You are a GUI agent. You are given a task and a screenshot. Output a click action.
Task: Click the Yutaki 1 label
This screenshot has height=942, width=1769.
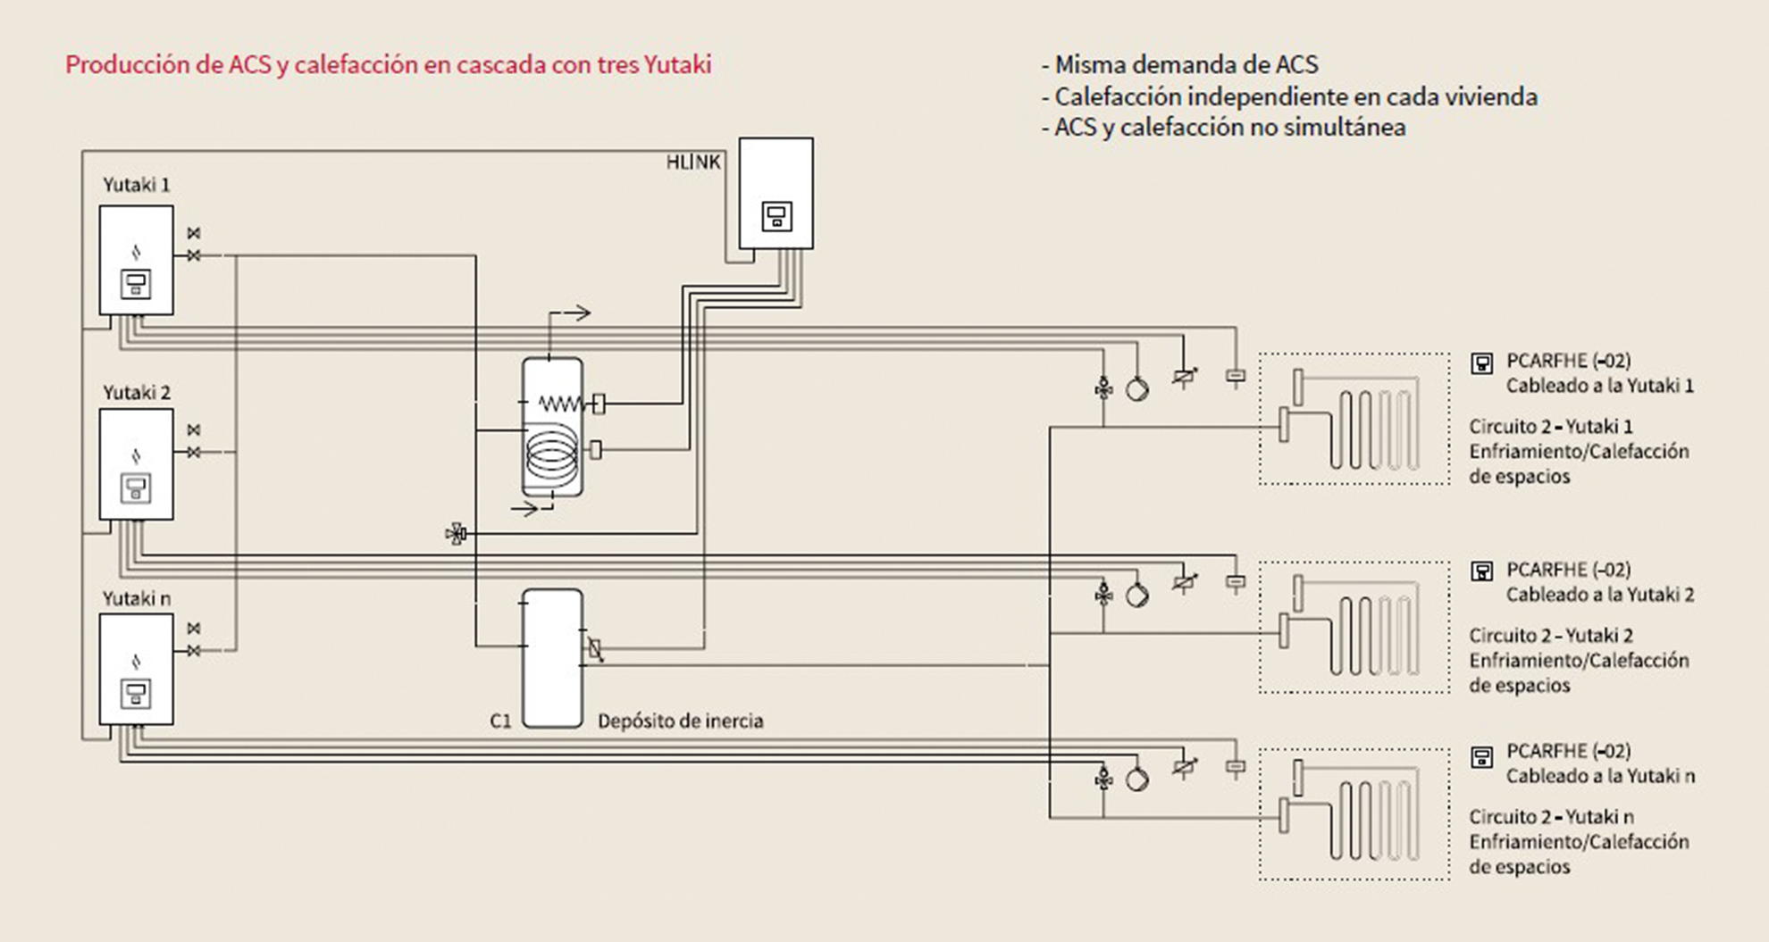click(x=136, y=185)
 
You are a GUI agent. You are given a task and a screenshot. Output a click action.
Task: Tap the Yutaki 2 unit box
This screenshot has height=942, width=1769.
click(x=136, y=464)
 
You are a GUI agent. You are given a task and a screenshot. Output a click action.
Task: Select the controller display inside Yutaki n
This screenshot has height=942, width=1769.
click(x=136, y=693)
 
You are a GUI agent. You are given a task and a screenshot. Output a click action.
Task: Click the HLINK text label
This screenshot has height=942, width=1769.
click(x=692, y=163)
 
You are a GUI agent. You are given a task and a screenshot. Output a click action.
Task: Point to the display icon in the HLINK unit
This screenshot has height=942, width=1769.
click(x=776, y=216)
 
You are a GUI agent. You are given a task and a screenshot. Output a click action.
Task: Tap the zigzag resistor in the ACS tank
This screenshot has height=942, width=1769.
click(x=560, y=404)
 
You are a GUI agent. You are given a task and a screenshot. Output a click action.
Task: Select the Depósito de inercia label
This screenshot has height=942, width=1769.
click(x=680, y=721)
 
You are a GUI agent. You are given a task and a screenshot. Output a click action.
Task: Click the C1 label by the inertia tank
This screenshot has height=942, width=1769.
click(x=500, y=721)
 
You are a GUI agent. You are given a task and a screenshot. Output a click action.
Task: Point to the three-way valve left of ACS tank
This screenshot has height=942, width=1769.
click(x=457, y=534)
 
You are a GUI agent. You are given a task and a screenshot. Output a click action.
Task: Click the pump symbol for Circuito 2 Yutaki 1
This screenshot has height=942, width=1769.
click(x=1136, y=389)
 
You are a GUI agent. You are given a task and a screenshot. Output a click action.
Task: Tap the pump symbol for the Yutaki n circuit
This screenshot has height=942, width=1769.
click(x=1136, y=779)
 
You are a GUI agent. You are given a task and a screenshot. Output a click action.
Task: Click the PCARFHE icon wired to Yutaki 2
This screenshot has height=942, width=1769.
click(x=1481, y=571)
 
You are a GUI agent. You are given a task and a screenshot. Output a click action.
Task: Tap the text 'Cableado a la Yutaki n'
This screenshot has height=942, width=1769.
click(x=1599, y=776)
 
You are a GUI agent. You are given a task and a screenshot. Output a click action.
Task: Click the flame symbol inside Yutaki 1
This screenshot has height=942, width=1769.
click(x=136, y=252)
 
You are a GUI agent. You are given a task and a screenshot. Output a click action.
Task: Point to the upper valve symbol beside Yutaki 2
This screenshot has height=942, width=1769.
click(x=194, y=430)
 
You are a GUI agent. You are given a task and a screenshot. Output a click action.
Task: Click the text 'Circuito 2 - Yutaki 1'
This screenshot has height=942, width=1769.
click(x=1550, y=427)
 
